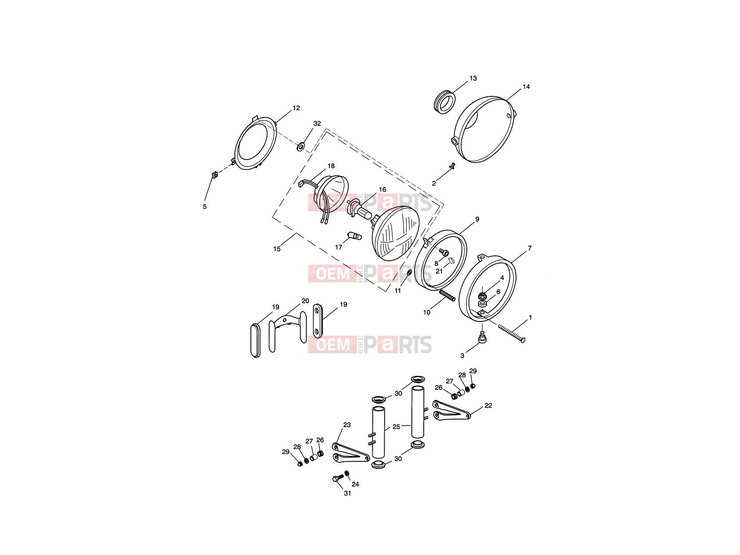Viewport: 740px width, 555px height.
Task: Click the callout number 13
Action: point(473,79)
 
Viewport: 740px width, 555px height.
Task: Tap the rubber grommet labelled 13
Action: point(445,101)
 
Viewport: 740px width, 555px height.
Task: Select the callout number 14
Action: point(526,87)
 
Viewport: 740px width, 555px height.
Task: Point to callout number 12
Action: point(296,108)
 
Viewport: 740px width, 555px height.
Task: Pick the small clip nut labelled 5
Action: point(214,175)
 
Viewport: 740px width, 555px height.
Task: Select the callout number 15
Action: point(277,249)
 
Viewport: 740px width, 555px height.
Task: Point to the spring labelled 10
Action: point(447,296)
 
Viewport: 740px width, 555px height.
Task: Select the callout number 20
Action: point(305,301)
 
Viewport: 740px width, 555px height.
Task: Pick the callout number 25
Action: point(396,427)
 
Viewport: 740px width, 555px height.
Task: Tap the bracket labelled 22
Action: point(451,410)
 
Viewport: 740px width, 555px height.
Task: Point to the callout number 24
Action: point(355,484)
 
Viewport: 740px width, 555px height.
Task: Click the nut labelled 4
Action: point(482,296)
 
